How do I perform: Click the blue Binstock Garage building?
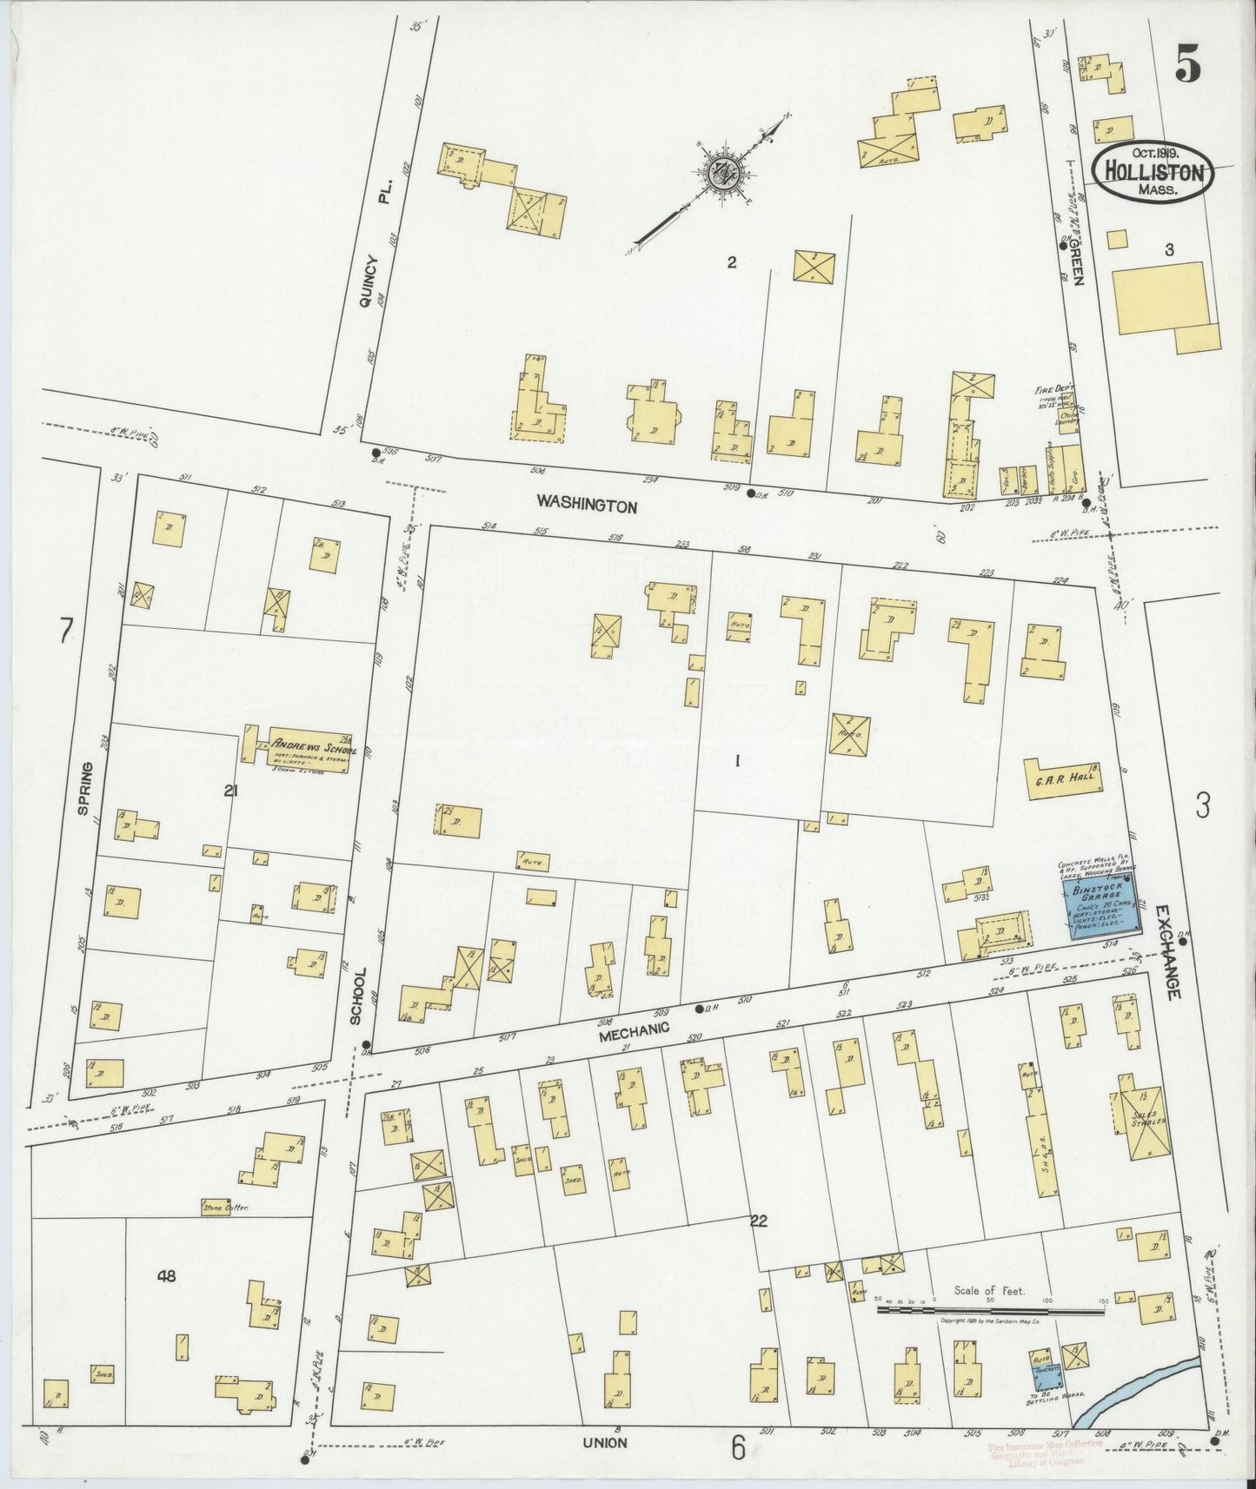click(1100, 906)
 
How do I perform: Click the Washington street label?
click(587, 504)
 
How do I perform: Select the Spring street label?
click(84, 787)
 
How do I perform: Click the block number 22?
click(758, 1221)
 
